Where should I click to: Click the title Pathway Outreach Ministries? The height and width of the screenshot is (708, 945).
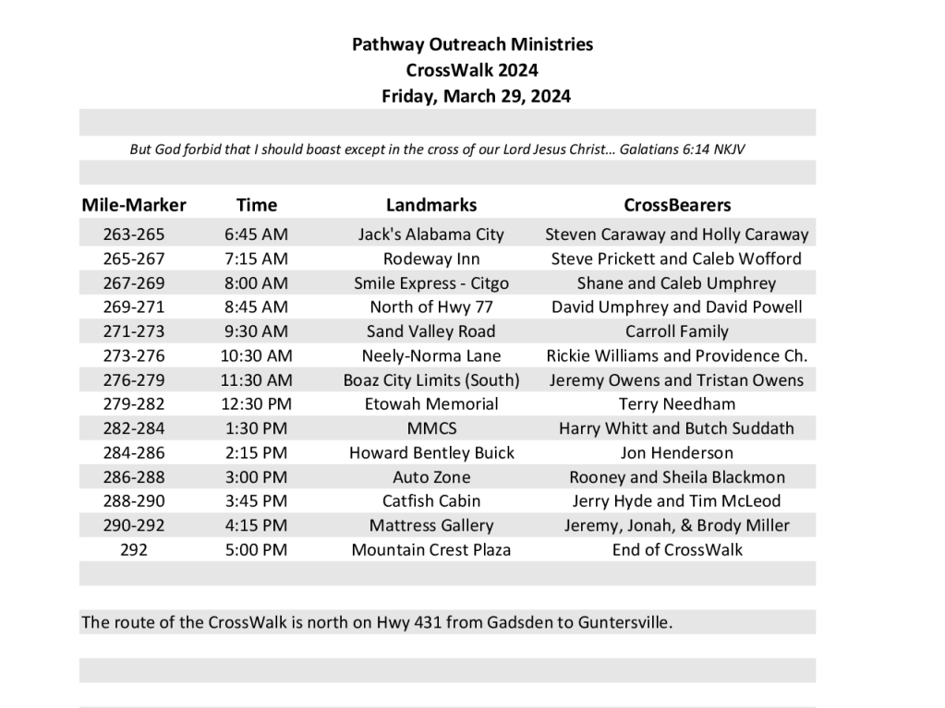click(472, 43)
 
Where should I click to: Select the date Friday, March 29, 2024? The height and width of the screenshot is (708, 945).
click(476, 96)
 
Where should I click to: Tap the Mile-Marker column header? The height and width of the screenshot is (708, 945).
click(134, 205)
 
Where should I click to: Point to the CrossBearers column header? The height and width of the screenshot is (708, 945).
click(677, 205)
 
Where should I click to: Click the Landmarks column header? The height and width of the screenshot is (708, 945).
click(431, 205)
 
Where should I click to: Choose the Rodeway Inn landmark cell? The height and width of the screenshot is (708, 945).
click(431, 258)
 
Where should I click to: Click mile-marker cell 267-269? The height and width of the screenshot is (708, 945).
click(135, 282)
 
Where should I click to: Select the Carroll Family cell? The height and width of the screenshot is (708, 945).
click(677, 331)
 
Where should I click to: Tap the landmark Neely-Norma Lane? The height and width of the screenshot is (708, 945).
click(431, 355)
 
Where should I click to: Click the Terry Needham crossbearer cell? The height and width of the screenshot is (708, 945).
click(677, 403)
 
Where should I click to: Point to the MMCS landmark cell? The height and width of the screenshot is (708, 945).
click(431, 428)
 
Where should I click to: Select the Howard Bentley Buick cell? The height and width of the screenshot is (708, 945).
click(431, 452)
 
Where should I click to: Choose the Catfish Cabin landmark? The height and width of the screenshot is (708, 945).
click(431, 501)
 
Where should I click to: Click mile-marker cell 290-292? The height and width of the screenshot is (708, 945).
click(135, 525)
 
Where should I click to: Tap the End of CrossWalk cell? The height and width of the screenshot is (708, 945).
click(677, 549)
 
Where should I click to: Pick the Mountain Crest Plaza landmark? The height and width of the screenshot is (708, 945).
click(431, 549)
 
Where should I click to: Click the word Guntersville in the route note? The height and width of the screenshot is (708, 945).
click(624, 622)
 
